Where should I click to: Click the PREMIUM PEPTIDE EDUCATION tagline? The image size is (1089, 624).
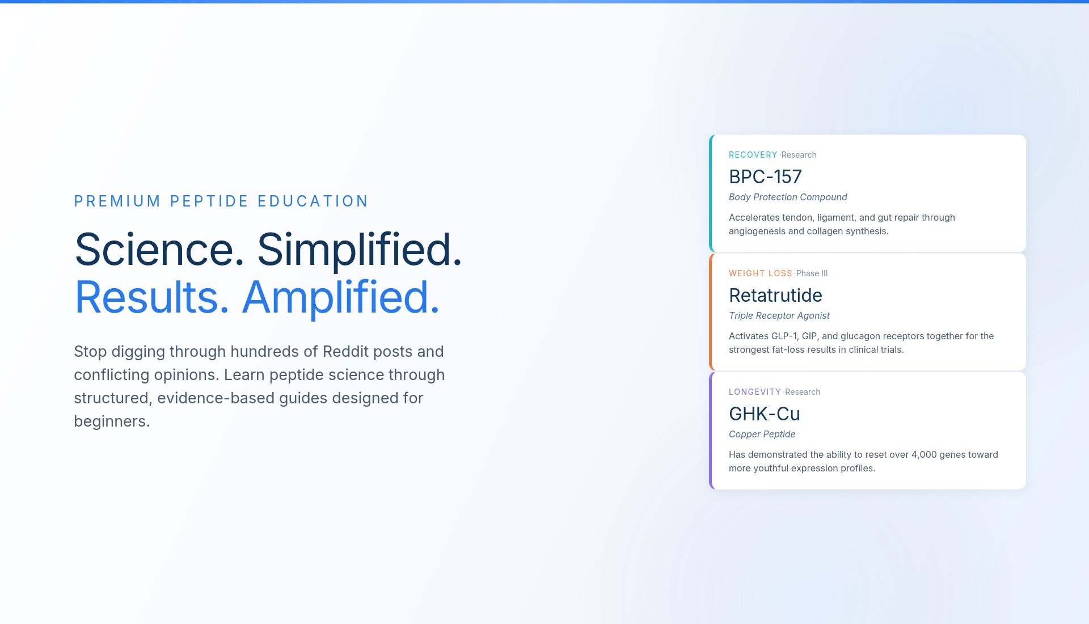tap(221, 201)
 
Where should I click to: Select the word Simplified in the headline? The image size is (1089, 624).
tap(360, 250)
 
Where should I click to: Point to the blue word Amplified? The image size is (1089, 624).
tap(341, 298)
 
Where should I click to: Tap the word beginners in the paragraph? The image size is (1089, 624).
tap(112, 421)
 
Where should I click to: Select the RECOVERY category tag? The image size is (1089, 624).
tap(753, 155)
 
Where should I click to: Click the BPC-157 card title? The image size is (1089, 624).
tap(765, 177)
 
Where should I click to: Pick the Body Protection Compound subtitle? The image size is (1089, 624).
tap(788, 197)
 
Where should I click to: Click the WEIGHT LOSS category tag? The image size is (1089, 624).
tap(761, 273)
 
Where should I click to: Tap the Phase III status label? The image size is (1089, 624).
tap(812, 273)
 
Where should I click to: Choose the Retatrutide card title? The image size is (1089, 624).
tap(775, 296)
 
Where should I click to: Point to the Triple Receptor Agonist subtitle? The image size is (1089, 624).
tap(779, 315)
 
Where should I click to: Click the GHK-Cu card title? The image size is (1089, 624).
tap(765, 414)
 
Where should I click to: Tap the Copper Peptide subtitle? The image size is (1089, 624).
tap(762, 434)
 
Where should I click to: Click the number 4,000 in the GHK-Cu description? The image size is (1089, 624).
tap(924, 454)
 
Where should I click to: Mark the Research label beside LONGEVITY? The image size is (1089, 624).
tap(803, 392)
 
